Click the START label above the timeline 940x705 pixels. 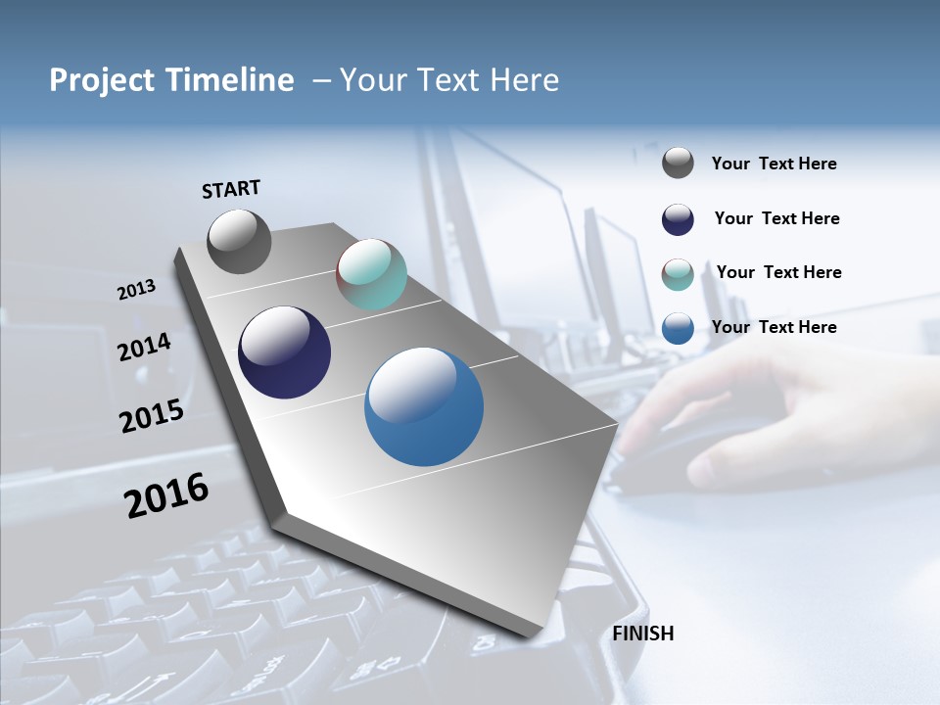(231, 189)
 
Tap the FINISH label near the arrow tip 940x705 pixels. (643, 634)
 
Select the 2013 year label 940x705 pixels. (136, 290)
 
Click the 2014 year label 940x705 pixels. (144, 347)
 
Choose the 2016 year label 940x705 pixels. (166, 495)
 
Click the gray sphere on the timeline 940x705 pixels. (240, 241)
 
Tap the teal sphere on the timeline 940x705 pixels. (371, 274)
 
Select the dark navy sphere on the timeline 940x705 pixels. (284, 352)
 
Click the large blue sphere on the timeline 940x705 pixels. (424, 406)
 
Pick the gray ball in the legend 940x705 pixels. (678, 163)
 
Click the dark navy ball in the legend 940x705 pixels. (678, 218)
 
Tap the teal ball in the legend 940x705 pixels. (678, 273)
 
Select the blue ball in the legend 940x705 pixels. (678, 327)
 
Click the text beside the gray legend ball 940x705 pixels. (774, 164)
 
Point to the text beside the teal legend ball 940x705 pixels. (778, 272)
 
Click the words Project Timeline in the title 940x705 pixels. (171, 80)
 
